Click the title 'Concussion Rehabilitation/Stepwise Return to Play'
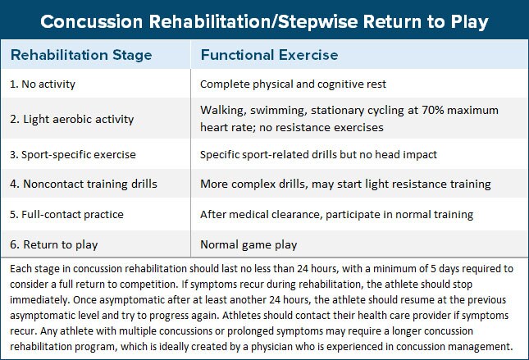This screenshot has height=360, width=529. tap(264, 21)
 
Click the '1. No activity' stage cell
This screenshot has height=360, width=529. tap(43, 83)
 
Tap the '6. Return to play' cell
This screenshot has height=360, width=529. tap(50, 244)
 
